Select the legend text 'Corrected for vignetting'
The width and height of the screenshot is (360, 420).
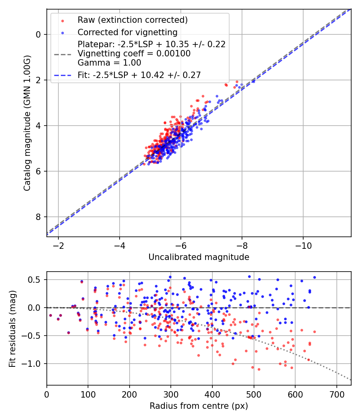(x=128, y=32)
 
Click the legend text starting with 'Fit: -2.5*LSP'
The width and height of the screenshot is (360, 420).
(x=139, y=75)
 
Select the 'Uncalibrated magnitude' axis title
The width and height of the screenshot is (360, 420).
(x=199, y=257)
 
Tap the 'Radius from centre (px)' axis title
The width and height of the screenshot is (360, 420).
(x=199, y=406)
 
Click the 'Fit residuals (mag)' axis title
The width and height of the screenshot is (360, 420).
(x=12, y=329)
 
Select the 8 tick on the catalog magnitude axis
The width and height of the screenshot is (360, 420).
(x=38, y=217)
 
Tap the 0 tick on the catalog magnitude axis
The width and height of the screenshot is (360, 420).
(x=38, y=34)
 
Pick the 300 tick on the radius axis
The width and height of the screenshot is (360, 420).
(x=171, y=394)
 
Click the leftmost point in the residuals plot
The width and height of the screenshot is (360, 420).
(x=50, y=315)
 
